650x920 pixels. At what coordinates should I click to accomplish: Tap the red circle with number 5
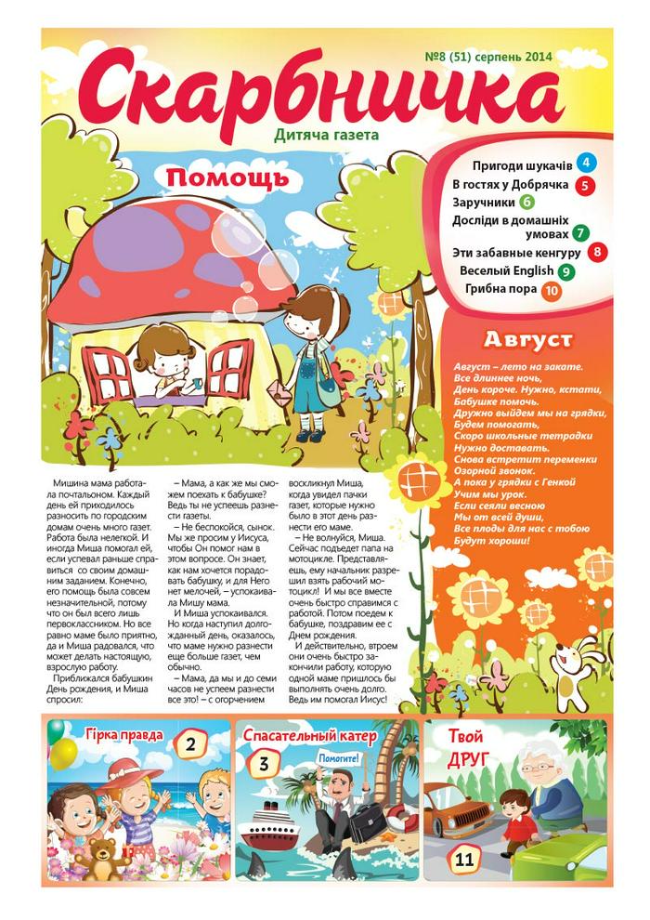(x=585, y=185)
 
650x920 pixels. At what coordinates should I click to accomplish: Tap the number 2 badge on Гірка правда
(x=190, y=744)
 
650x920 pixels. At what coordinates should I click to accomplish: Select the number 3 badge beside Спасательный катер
(x=264, y=765)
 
